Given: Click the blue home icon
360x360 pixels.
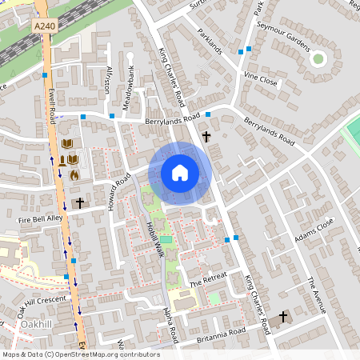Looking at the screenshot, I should [179, 172].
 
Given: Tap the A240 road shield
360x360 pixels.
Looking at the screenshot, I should [45, 26].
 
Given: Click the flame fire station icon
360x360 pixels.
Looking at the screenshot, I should [74, 174].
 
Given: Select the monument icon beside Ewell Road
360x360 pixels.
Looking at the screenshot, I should [62, 160].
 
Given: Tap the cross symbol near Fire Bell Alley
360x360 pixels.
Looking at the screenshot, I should [78, 203].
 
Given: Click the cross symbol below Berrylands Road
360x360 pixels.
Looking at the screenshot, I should [206, 137].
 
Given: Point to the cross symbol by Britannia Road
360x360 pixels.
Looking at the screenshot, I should [282, 318].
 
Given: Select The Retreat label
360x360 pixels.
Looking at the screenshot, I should [209, 279].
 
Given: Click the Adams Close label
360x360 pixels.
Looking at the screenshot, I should [313, 233].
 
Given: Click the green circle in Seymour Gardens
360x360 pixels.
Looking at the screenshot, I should [318, 58].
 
